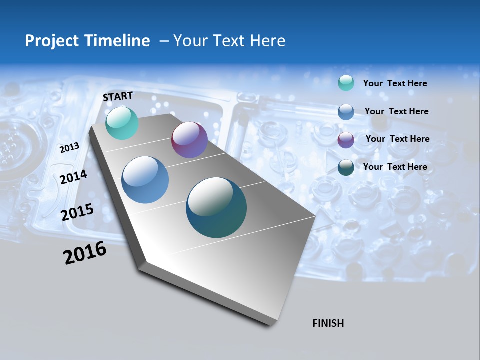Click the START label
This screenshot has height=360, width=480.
[118, 96]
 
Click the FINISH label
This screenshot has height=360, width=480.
[328, 323]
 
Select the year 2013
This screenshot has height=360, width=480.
[69, 148]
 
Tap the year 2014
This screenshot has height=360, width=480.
[73, 177]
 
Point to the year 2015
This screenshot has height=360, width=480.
[77, 212]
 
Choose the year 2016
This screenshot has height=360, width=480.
[85, 253]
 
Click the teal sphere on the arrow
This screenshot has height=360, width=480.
[122, 123]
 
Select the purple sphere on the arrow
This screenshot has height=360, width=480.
[189, 140]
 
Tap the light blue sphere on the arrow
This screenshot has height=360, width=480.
[145, 180]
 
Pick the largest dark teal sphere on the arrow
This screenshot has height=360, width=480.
[216, 207]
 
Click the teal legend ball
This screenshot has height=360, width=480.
[346, 83]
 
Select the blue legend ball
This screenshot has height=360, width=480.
[346, 111]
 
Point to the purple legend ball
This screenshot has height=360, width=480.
[346, 139]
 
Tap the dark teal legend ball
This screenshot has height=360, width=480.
[346, 167]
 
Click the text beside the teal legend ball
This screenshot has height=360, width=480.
[395, 84]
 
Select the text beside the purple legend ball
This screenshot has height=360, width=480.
[397, 139]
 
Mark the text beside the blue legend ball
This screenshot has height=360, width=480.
[396, 111]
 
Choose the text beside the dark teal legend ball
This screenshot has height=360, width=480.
[395, 167]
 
